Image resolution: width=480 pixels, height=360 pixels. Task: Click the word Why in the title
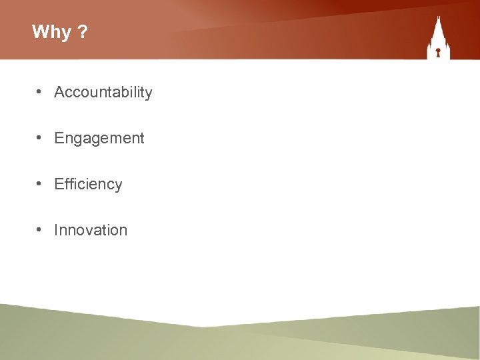pos(51,32)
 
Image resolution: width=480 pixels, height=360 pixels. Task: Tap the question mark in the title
pos(82,31)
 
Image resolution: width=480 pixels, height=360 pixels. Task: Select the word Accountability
pos(103,93)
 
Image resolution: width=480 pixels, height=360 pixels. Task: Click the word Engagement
pos(99,139)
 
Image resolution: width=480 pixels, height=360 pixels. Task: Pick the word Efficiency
pos(88,185)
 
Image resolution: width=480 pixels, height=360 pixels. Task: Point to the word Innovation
pos(90,230)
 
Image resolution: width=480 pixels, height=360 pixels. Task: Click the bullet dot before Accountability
pos(41,92)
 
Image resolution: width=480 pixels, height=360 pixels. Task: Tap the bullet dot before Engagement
pos(41,138)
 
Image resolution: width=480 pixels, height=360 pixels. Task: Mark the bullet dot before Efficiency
pos(41,184)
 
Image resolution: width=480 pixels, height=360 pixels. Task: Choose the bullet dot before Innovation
pos(41,229)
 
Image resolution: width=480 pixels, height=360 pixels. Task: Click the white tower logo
pos(438,40)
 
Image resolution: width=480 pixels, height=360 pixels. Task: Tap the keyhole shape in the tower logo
pos(438,51)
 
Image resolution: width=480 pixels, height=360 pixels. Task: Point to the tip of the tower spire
pos(438,17)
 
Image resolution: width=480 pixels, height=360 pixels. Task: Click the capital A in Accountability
pos(59,92)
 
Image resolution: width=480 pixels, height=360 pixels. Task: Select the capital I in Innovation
pos(56,230)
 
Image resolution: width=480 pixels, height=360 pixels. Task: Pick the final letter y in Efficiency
pos(119,186)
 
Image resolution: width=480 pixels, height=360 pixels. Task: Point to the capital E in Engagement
pos(59,138)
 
